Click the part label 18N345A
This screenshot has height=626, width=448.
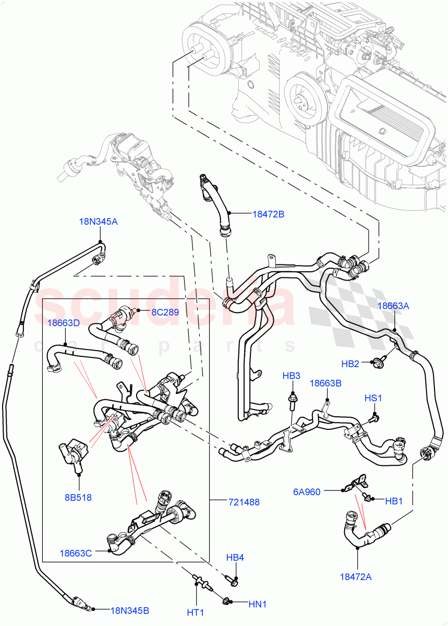98,221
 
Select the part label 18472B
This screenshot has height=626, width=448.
268,213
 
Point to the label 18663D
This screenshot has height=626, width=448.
64,323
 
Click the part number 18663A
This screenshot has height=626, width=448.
393,306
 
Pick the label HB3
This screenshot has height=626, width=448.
292,376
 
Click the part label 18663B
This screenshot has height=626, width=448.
326,383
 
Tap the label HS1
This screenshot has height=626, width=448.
373,398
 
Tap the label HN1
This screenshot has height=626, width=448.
257,604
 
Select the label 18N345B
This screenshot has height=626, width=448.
129,609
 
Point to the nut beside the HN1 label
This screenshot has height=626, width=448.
227,603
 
